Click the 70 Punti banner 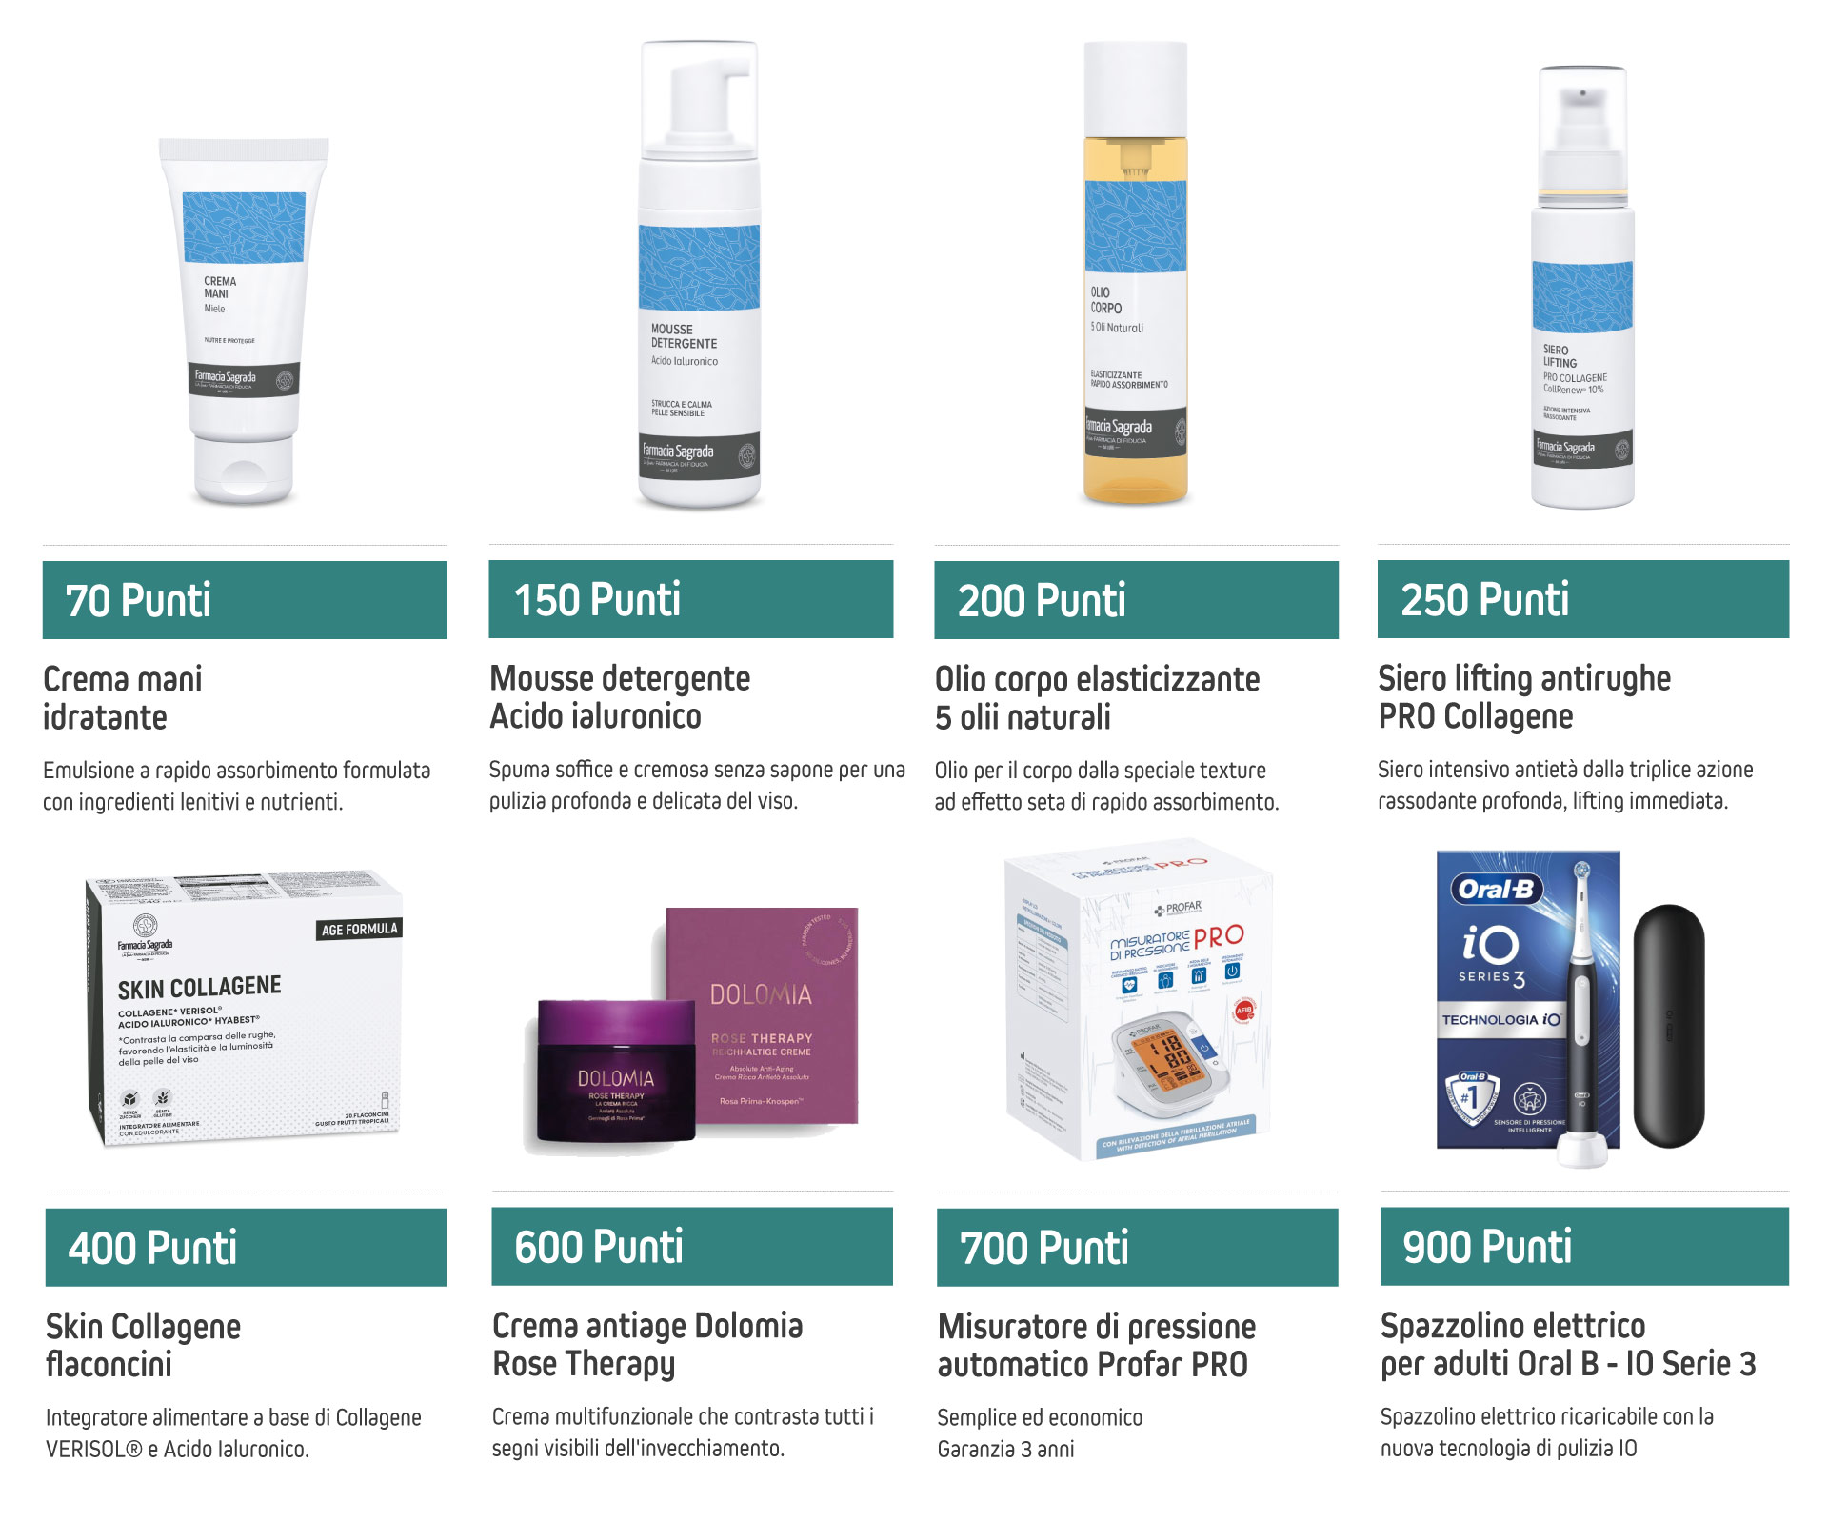(244, 600)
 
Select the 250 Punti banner (1582, 600)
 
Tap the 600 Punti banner (691, 1247)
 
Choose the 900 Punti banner (1583, 1247)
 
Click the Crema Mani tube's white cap (244, 471)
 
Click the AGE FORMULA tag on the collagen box (359, 930)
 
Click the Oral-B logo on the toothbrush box (1496, 890)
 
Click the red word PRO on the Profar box (1219, 937)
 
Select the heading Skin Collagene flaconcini (143, 1345)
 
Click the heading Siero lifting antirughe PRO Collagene (1523, 697)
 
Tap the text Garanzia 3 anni (1005, 1450)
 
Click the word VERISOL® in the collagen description (94, 1450)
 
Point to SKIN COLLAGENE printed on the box (199, 987)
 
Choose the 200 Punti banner (1136, 600)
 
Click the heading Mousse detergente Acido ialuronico (620, 697)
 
